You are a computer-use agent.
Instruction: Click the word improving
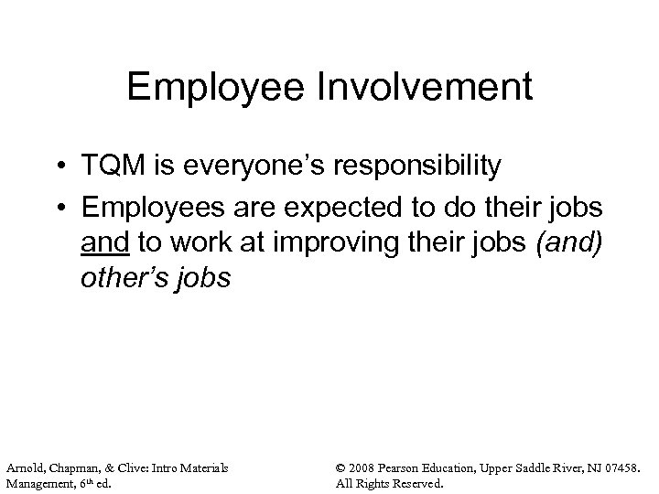pos(327,242)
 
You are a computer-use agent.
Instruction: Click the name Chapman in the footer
pos(72,469)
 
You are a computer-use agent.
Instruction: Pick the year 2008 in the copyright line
pos(365,469)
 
